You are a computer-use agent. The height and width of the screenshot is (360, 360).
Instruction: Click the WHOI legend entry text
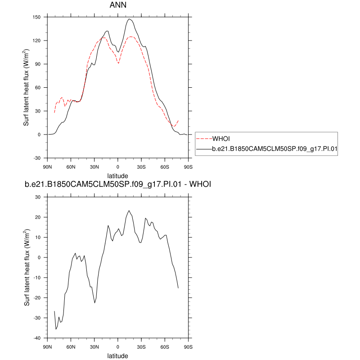point(221,138)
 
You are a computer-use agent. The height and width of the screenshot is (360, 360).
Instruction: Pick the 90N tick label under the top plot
point(47,166)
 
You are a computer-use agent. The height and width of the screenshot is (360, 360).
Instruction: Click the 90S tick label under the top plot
point(188,166)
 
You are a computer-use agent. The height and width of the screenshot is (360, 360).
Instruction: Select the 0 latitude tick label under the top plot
point(118,166)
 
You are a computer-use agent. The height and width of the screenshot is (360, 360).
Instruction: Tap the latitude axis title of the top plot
point(118,175)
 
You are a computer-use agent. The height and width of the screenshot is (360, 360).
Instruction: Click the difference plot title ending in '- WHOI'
point(118,184)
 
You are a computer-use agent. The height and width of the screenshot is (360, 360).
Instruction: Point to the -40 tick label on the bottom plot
point(37,338)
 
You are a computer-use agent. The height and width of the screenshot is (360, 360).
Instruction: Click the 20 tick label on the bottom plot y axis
point(38,217)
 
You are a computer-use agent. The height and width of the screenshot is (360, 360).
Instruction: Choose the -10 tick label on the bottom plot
point(37,278)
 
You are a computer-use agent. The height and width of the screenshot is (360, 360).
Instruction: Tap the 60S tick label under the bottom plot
point(165,346)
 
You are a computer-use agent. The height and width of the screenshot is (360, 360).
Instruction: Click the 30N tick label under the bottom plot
point(94,346)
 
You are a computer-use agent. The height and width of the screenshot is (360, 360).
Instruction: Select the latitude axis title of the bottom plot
point(118,355)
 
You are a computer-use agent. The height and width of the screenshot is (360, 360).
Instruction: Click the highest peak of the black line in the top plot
point(129,19)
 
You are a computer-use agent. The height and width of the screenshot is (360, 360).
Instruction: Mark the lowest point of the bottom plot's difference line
point(56,329)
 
